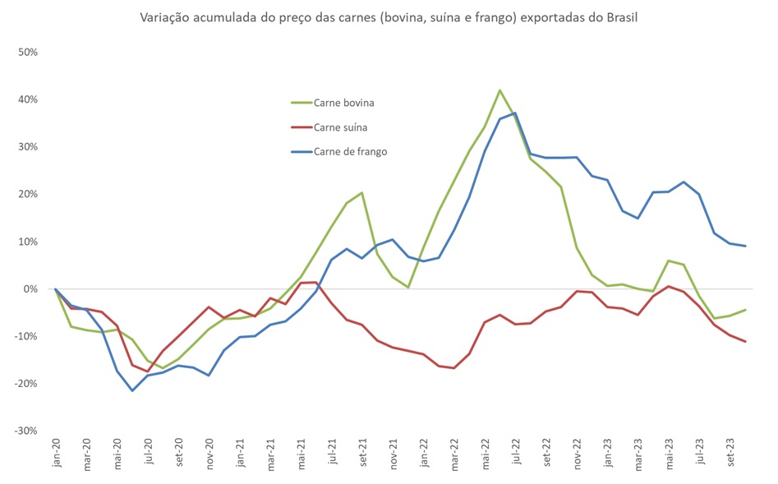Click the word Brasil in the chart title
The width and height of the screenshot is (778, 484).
tap(619, 17)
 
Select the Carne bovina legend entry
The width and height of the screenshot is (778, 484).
tap(343, 103)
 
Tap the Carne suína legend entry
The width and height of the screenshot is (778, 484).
tap(340, 127)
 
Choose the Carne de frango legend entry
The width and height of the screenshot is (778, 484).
tap(349, 151)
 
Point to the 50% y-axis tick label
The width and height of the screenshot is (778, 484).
tap(29, 52)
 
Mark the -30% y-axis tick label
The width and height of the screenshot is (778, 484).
tap(27, 431)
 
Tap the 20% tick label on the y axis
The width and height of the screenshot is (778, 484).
tap(29, 194)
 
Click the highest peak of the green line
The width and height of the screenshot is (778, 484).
tap(499, 90)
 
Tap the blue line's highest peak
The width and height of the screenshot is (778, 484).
tap(515, 113)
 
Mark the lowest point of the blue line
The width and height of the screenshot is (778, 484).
tap(132, 390)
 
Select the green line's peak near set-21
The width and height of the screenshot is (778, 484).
tap(361, 193)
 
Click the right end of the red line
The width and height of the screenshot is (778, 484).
tap(745, 342)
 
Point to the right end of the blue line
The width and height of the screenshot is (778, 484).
tap(745, 246)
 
